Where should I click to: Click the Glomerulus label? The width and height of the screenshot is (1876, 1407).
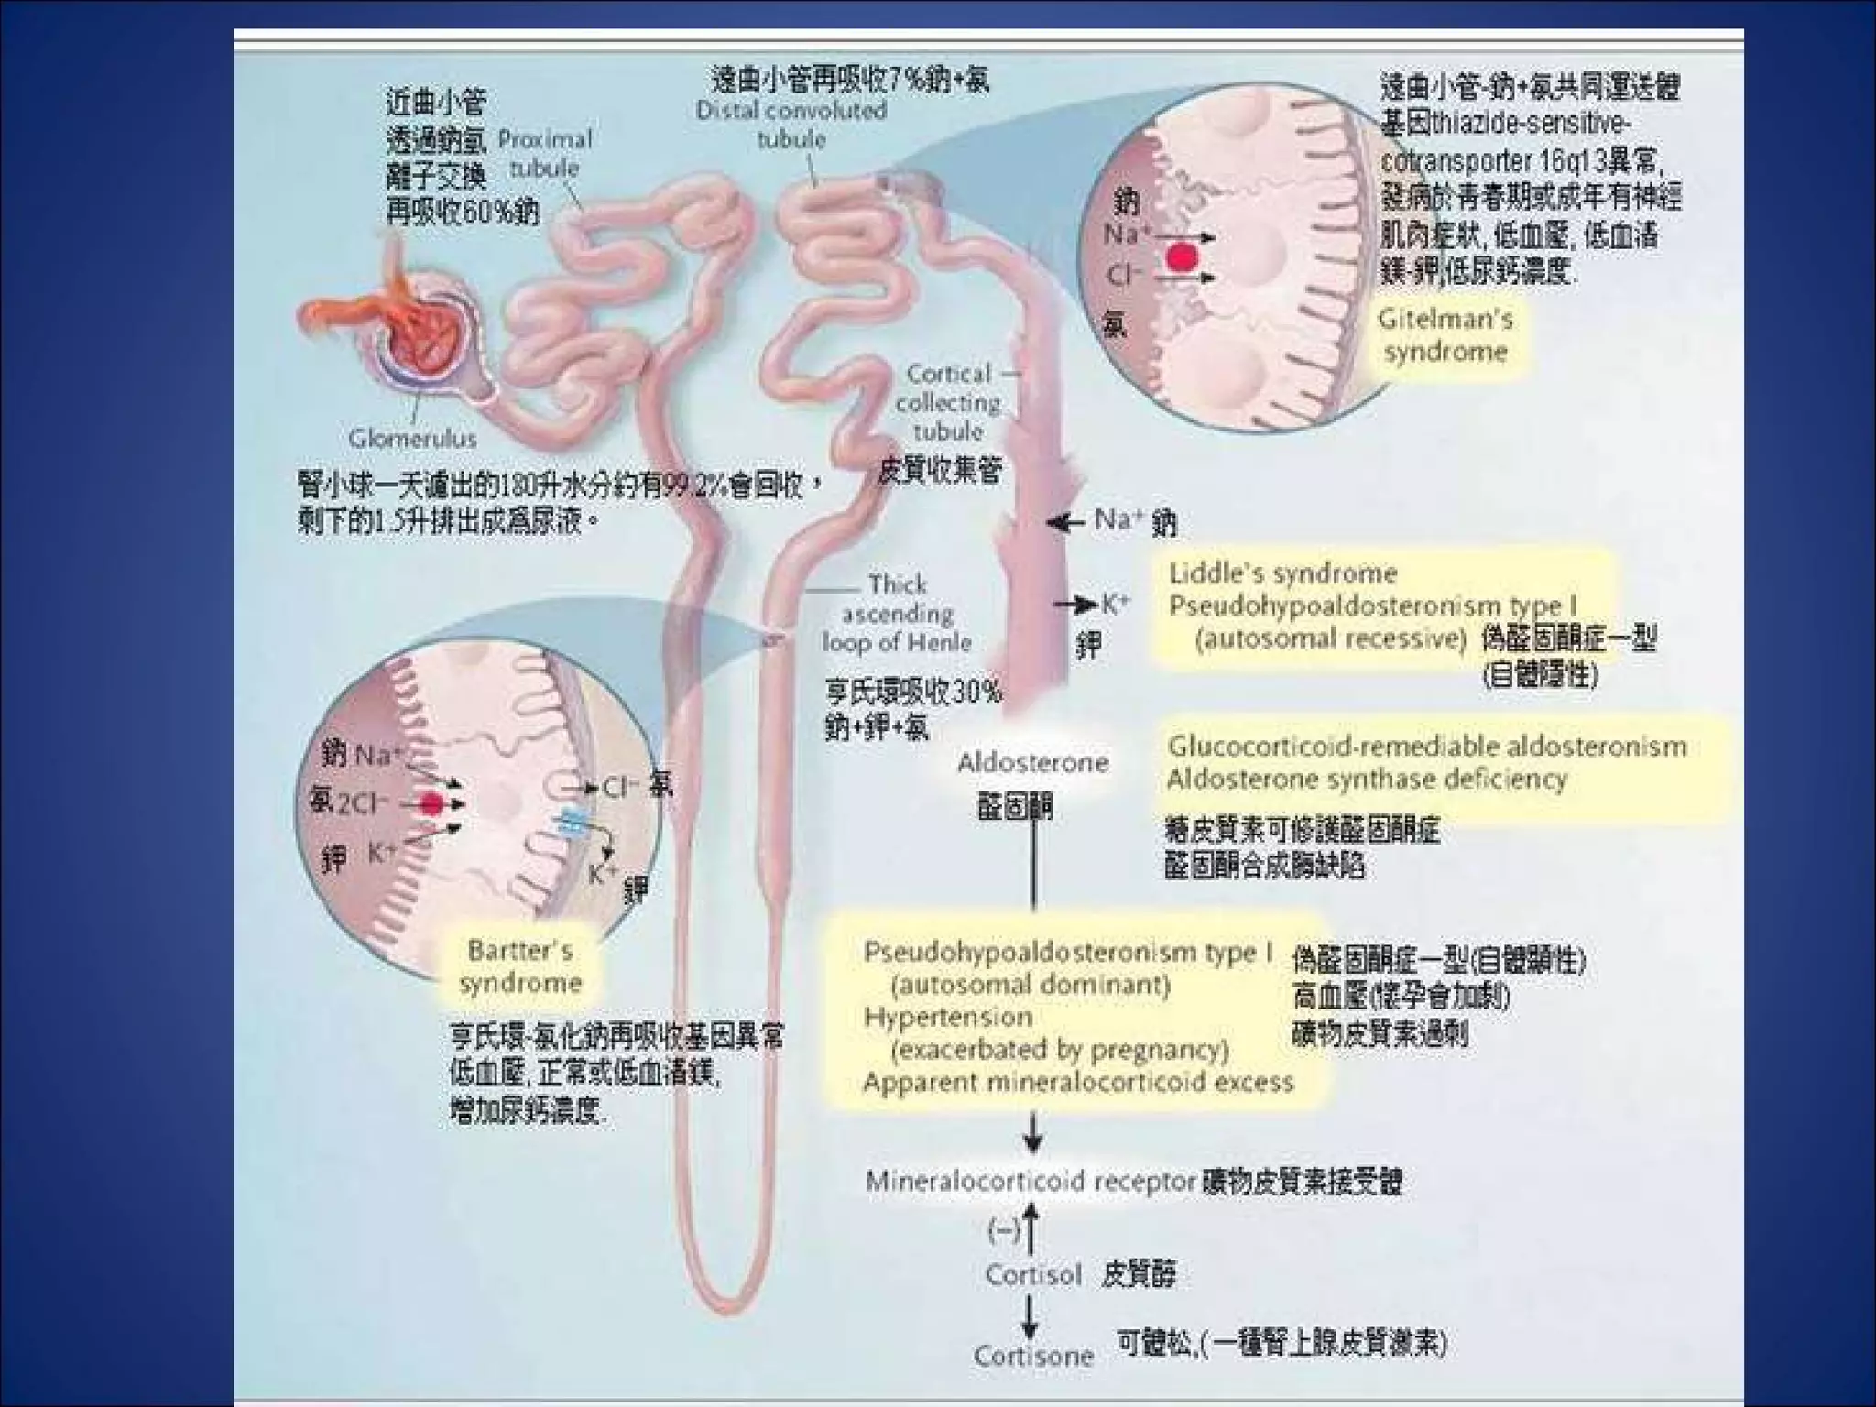tap(412, 439)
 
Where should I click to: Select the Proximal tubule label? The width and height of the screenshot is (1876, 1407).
tap(545, 154)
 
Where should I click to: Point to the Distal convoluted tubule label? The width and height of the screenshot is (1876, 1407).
tap(791, 125)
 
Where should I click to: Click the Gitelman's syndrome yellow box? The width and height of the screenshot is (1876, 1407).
tap(1445, 335)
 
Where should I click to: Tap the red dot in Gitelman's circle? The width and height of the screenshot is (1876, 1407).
tap(1183, 257)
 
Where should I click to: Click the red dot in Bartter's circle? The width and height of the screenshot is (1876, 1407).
tap(431, 804)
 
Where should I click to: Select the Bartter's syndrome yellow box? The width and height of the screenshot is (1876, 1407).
tap(520, 966)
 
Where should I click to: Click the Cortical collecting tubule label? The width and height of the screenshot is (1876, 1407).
tap(948, 402)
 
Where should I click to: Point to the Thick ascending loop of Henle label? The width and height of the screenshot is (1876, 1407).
tap(897, 613)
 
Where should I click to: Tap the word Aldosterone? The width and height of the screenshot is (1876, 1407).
tap(1032, 762)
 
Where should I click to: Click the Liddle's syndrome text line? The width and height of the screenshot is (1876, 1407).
tap(1282, 574)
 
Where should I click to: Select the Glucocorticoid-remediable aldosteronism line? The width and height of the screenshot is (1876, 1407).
tap(1426, 747)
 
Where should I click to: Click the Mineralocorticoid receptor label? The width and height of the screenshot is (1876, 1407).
tap(1031, 1182)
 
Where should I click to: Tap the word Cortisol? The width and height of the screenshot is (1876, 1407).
tap(1033, 1274)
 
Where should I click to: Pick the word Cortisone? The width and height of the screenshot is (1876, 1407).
tap(1033, 1356)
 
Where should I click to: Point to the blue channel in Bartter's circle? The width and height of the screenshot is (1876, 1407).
tap(574, 823)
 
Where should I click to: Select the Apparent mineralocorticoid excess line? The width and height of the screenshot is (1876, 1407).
tap(1078, 1083)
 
